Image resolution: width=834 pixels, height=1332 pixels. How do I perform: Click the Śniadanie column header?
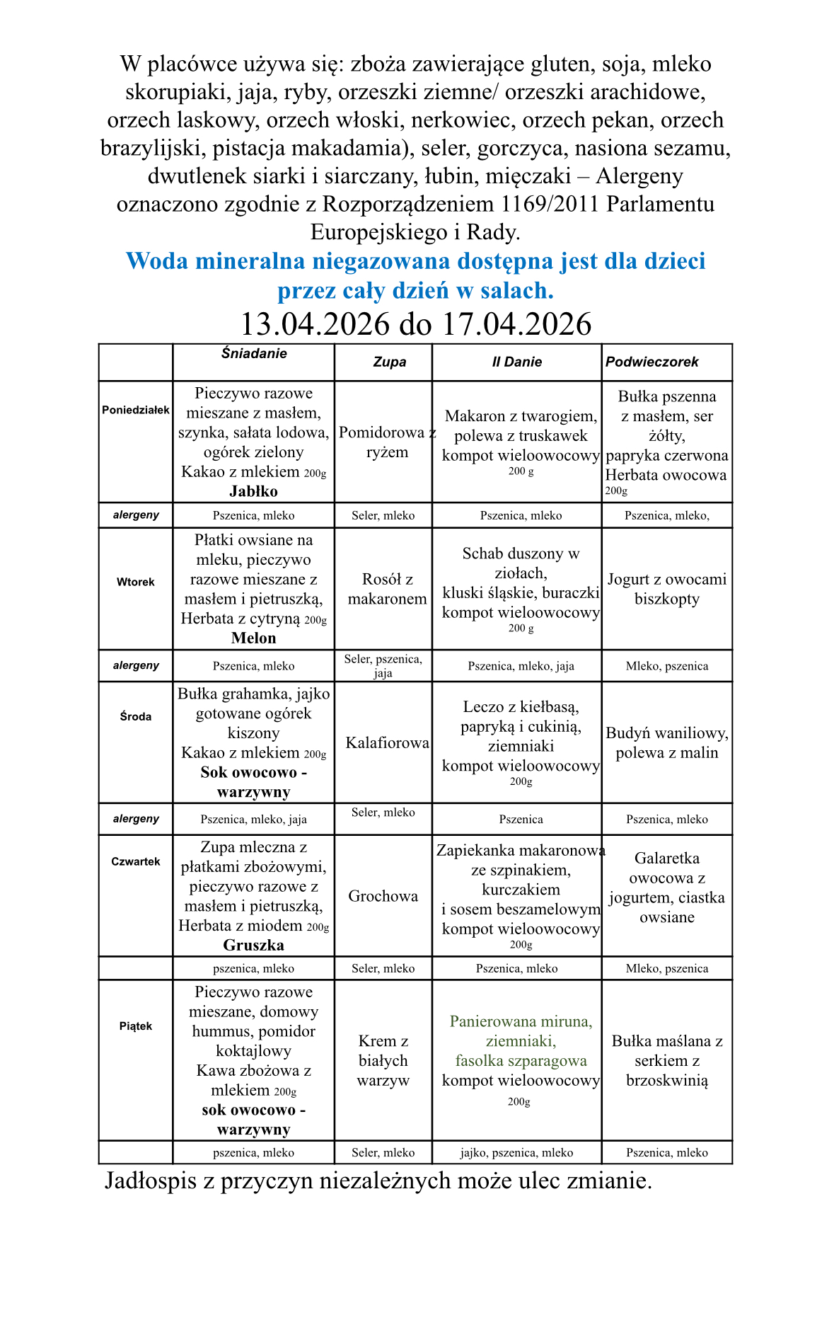(253, 354)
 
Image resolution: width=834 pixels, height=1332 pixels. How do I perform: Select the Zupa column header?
(389, 362)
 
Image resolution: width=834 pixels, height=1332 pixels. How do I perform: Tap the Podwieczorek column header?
(651, 362)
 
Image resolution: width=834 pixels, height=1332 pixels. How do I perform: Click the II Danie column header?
(516, 362)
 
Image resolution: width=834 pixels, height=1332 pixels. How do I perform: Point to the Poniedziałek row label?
(135, 410)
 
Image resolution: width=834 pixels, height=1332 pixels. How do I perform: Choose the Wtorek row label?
(135, 582)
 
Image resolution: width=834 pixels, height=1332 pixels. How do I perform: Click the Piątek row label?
(135, 1026)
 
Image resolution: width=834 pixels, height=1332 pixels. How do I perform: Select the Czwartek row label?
(135, 862)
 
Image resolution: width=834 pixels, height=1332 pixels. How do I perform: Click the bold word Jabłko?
(253, 492)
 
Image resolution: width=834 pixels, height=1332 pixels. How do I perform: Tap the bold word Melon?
(253, 638)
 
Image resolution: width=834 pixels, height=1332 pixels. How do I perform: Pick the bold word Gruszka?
(253, 946)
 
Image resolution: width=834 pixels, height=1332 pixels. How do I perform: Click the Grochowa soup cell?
(383, 897)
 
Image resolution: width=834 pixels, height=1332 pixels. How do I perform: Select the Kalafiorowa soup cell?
(387, 743)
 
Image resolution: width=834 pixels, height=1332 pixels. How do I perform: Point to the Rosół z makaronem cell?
(387, 590)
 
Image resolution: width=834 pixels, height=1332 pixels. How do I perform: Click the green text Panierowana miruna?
(521, 1022)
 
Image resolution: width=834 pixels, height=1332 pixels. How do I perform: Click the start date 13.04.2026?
(315, 325)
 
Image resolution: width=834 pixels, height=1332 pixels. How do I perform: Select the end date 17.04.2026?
(516, 325)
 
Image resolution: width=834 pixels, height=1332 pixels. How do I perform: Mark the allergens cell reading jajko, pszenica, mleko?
(516, 1153)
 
